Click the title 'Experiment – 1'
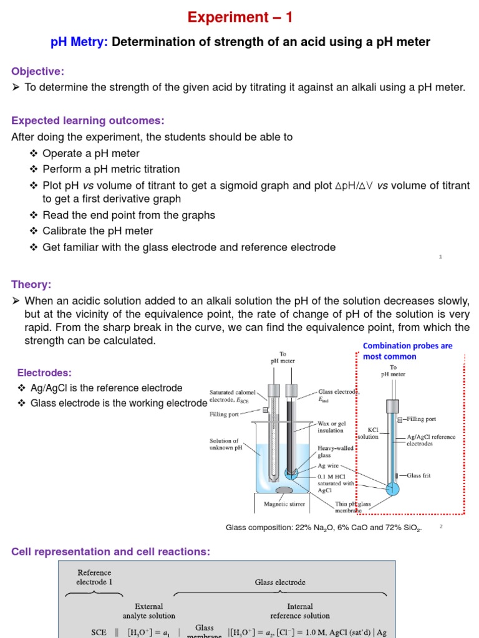coord(239,17)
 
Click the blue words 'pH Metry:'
coord(79,42)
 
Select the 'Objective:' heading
coord(37,72)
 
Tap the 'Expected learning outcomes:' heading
coord(88,120)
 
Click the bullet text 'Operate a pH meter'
coord(91,153)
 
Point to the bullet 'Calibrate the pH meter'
coord(97,231)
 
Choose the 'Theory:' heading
coord(31,285)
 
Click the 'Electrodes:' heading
coord(44,373)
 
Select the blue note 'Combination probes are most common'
coord(407,351)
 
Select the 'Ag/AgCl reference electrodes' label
coord(430,440)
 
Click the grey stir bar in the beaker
coord(285,490)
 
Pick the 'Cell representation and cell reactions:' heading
coord(110,551)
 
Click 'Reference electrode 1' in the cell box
coord(94,577)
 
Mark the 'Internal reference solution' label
coord(299,611)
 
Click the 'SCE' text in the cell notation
coord(99,632)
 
